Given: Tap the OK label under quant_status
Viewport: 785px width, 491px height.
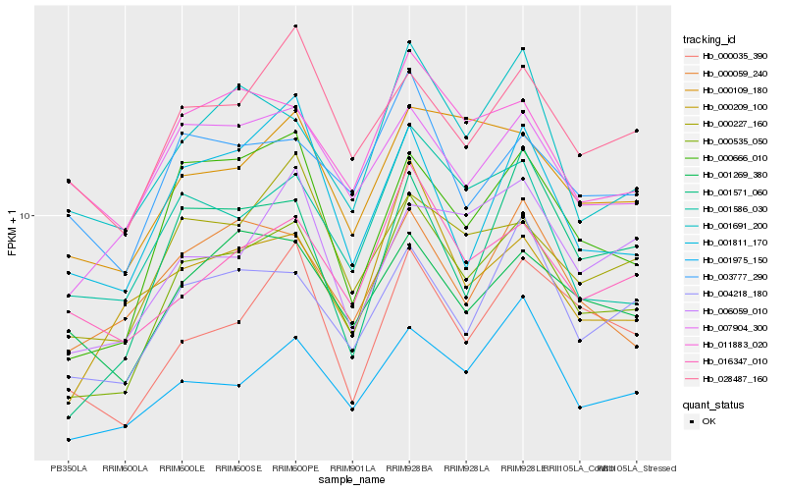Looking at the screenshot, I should coord(708,420).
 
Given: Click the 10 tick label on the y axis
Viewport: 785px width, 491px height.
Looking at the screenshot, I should coord(27,215).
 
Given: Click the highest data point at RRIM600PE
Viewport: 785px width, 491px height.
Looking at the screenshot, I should coord(295,26).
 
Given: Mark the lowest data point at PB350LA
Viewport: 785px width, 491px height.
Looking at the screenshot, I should coord(69,440).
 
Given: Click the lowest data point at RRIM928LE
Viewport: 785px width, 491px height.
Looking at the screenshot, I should coord(523,297).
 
